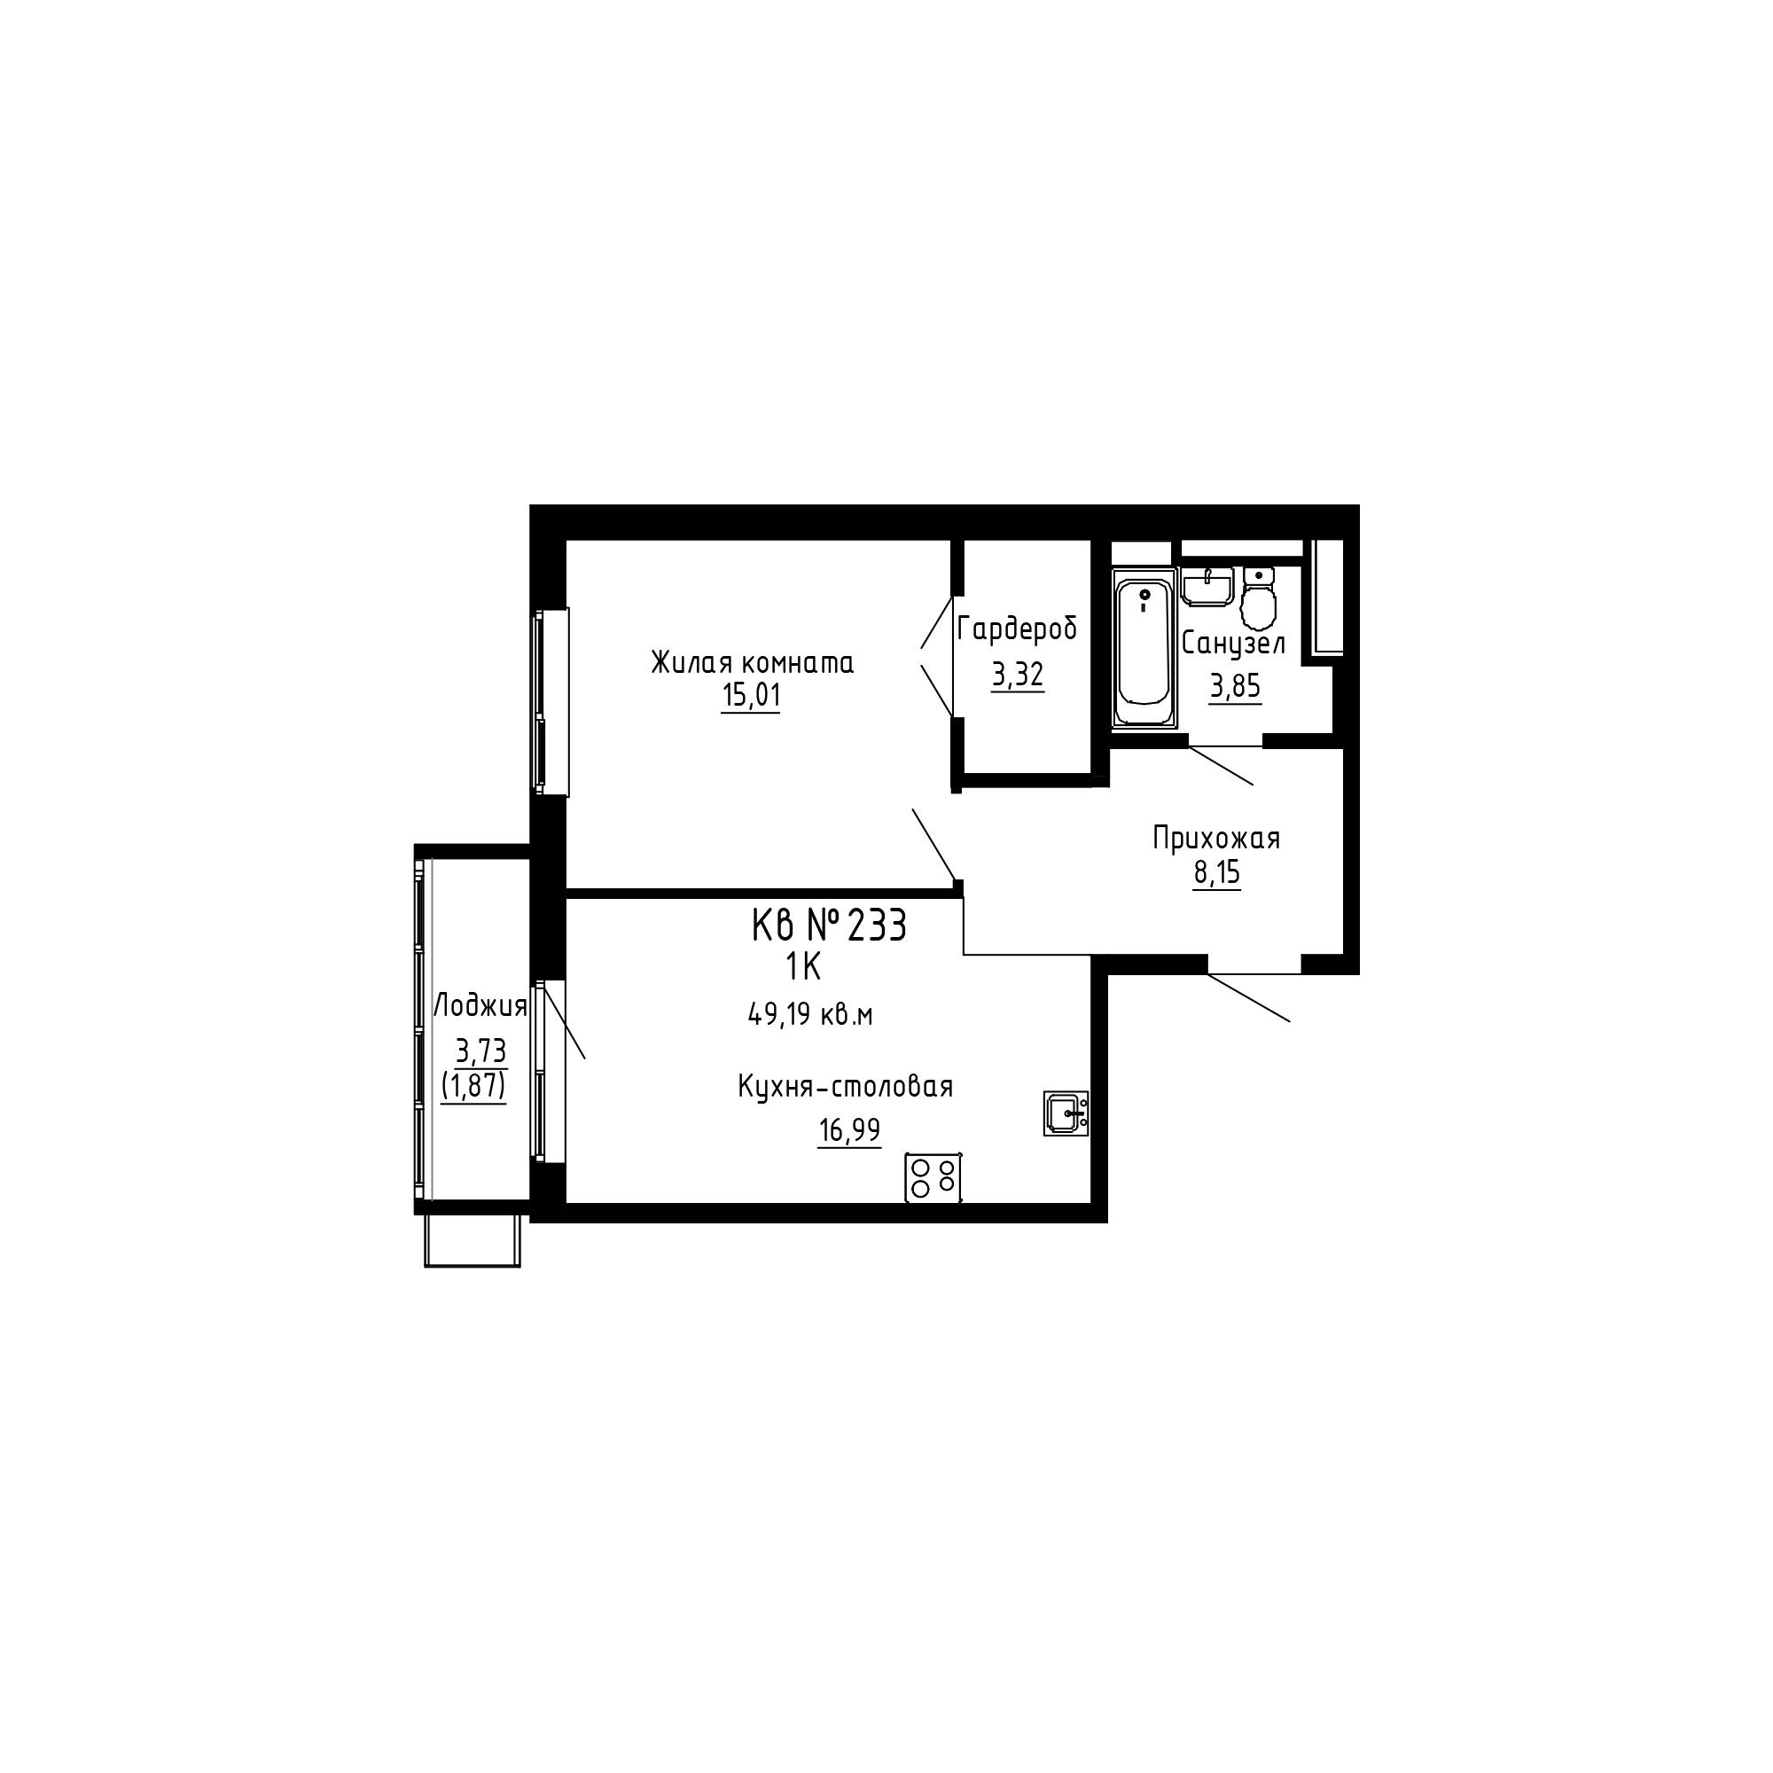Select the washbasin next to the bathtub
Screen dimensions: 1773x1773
[1207, 586]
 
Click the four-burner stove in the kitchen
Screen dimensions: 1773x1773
[933, 1177]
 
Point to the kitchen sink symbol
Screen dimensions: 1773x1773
[1066, 1113]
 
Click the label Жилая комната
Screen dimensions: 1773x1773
[753, 661]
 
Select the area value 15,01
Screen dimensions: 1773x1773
[752, 696]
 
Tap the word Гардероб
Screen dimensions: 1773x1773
[1017, 629]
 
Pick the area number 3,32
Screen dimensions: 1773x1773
[1018, 676]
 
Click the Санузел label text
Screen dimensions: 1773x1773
[1233, 644]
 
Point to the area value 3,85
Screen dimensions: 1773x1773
[1235, 685]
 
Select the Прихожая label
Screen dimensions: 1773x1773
[1216, 838]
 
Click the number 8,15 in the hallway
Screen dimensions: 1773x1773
[1217, 872]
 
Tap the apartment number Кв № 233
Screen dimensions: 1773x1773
[829, 925]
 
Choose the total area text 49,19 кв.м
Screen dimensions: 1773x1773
[810, 1014]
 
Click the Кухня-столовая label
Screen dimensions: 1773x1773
[845, 1087]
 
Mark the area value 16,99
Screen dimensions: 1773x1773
[850, 1130]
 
